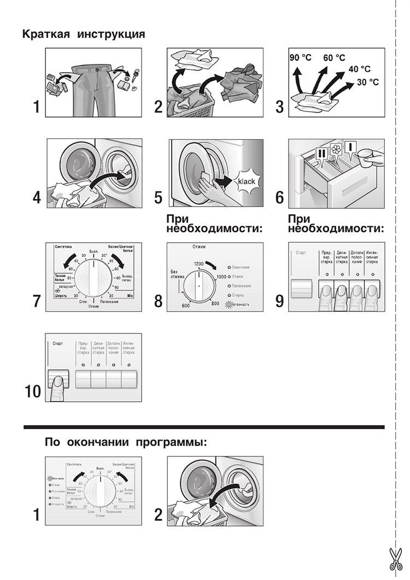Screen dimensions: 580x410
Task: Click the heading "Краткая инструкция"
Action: pyautogui.click(x=83, y=34)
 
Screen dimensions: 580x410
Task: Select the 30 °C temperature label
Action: pyautogui.click(x=367, y=82)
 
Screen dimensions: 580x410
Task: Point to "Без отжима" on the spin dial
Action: pyautogui.click(x=175, y=275)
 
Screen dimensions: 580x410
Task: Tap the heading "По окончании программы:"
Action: pyautogui.click(x=126, y=441)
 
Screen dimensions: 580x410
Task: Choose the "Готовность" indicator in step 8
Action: pyautogui.click(x=236, y=304)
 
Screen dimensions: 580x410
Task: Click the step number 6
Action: pyautogui.click(x=279, y=197)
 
